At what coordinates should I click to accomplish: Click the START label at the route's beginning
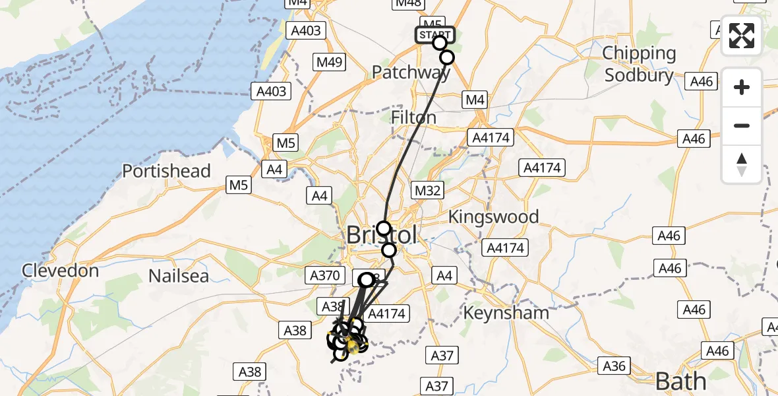434,35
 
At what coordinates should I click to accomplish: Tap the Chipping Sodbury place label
640,63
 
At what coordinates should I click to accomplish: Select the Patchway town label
410,72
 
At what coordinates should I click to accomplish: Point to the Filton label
413,117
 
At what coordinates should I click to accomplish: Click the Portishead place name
166,171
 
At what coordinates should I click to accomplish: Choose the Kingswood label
493,216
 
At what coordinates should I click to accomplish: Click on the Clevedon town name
60,270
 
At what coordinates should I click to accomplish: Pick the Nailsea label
178,275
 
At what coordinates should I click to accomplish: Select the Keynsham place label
506,312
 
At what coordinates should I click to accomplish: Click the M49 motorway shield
328,63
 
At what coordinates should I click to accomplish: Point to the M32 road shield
427,191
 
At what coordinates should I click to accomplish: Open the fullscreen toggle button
742,36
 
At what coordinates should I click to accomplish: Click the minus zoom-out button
742,125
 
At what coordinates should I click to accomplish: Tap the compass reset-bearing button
742,164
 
